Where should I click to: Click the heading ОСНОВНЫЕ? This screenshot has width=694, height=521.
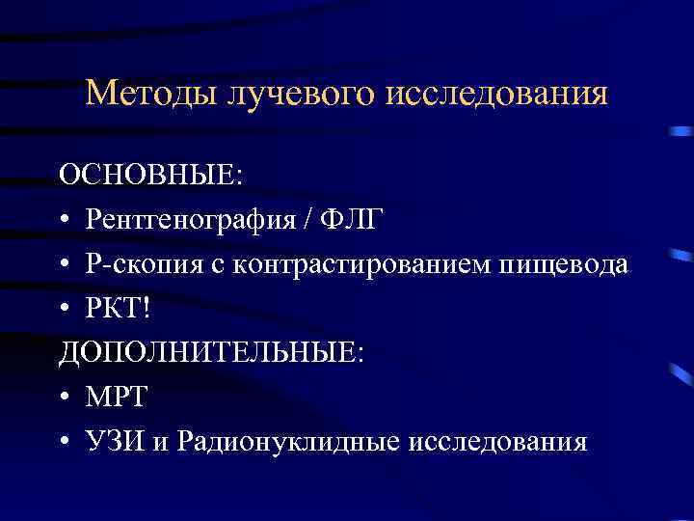point(151,176)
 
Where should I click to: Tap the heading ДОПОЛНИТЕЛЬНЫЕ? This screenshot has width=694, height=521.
point(211,353)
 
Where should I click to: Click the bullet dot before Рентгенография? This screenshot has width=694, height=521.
point(65,222)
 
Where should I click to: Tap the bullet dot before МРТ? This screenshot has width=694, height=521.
point(65,399)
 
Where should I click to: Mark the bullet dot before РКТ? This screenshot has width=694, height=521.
point(65,311)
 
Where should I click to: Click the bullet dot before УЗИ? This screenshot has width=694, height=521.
point(65,444)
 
